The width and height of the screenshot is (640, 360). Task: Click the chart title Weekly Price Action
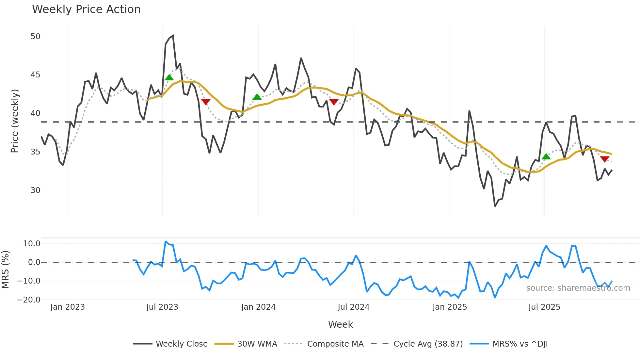pyautogui.click(x=86, y=9)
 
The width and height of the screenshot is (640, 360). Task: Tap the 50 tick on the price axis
pyautogui.click(x=35, y=37)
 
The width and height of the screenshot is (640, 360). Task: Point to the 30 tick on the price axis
pyautogui.click(x=35, y=190)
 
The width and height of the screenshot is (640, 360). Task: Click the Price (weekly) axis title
pyautogui.click(x=15, y=121)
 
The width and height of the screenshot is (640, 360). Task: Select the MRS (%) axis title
pyautogui.click(x=5, y=270)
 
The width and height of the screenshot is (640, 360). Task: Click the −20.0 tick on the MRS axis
pyautogui.click(x=29, y=300)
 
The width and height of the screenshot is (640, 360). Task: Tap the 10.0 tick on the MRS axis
pyautogui.click(x=32, y=244)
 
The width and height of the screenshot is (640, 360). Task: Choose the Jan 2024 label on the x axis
pyautogui.click(x=258, y=307)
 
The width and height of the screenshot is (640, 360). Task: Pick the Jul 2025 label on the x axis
pyautogui.click(x=544, y=307)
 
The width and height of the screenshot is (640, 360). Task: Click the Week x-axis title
pyautogui.click(x=340, y=324)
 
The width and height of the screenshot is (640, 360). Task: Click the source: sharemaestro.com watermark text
pyautogui.click(x=578, y=288)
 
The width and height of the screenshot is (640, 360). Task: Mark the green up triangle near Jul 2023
pyautogui.click(x=169, y=77)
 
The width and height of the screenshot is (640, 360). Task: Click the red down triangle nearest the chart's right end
pyautogui.click(x=604, y=159)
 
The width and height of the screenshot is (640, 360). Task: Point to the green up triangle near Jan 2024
pyautogui.click(x=257, y=97)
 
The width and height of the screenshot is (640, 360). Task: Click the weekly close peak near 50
pyautogui.click(x=173, y=36)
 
